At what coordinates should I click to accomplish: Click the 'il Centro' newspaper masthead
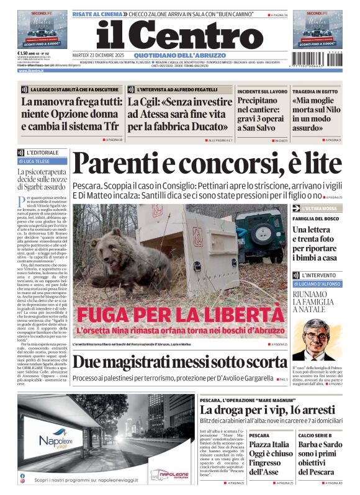(x=171, y=35)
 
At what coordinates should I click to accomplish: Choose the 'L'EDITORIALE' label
(x=42, y=152)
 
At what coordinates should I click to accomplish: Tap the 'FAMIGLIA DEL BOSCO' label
(x=315, y=218)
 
